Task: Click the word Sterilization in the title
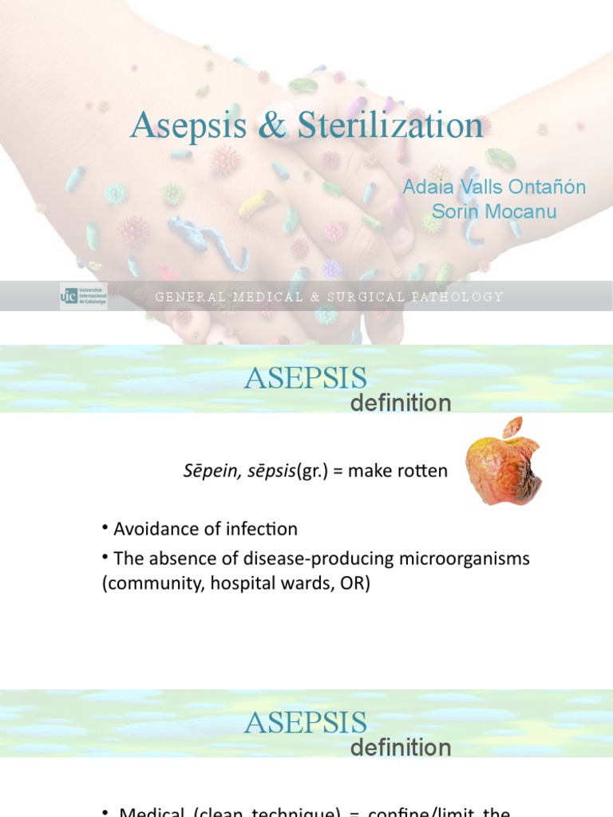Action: pos(391,126)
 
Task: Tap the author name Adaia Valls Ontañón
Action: pos(494,187)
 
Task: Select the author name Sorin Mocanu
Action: pos(494,211)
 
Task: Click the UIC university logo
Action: pos(83,296)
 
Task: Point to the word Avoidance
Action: pos(151,528)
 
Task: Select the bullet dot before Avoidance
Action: pos(105,528)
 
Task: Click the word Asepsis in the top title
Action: pos(192,126)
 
